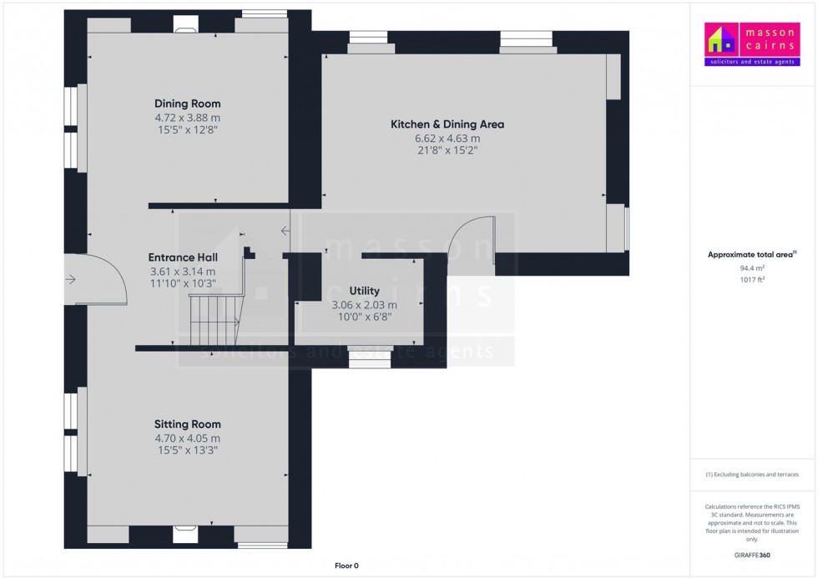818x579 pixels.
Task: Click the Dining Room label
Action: coord(187,104)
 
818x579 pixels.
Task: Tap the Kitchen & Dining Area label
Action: coord(447,124)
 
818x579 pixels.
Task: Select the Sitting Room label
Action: coord(187,424)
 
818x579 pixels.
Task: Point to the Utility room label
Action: coord(364,291)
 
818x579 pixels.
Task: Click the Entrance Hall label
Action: coord(183,257)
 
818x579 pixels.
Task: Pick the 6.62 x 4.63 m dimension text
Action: coord(447,139)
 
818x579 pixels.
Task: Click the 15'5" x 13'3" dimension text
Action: coord(187,450)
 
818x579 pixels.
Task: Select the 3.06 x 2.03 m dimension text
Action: coord(364,305)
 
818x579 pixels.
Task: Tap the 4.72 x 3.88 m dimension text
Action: coord(187,118)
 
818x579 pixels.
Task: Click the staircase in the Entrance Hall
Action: coord(216,319)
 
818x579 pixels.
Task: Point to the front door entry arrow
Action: coord(70,280)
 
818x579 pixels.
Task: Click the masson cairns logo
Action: coord(752,43)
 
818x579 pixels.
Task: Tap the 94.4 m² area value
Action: coord(752,268)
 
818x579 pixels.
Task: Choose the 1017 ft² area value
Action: coord(752,280)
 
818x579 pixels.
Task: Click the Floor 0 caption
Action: coord(346,566)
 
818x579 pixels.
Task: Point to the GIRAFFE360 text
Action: coord(752,555)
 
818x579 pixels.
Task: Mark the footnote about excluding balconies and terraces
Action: coord(752,475)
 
